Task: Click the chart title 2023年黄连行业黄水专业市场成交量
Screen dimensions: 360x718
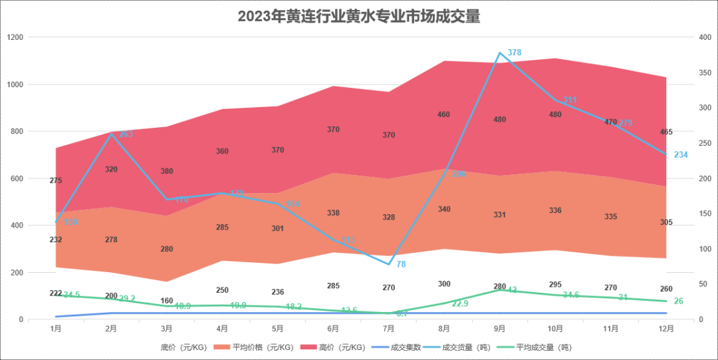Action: [x=359, y=17]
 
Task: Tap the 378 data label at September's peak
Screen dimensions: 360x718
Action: [x=515, y=53]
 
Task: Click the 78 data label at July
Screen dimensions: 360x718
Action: [x=402, y=264]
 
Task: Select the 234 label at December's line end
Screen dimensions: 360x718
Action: [x=681, y=154]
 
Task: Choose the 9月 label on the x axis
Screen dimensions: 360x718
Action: [x=499, y=328]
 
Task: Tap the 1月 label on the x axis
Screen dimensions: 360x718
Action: [x=56, y=328]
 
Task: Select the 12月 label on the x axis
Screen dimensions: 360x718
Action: [x=665, y=328]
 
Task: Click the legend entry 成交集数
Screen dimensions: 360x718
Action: [x=400, y=347]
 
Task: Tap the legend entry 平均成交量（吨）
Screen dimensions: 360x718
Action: [x=539, y=347]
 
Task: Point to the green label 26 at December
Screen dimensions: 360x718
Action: [x=679, y=301]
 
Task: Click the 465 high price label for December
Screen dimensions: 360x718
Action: [x=666, y=132]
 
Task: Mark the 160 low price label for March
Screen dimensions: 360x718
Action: [x=168, y=301]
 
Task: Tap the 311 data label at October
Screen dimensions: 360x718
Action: [x=570, y=100]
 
